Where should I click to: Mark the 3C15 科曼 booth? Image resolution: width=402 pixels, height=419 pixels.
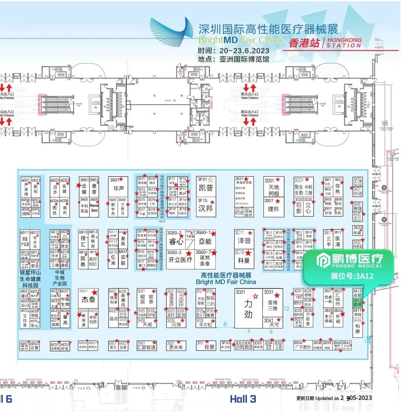pyautogui.click(x=244, y=258)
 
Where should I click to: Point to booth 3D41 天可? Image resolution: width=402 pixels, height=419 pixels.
pyautogui.click(x=273, y=323)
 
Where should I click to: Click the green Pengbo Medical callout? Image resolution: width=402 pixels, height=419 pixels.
pyautogui.click(x=349, y=266)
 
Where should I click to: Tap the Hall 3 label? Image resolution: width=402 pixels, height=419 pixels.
pyautogui.click(x=243, y=399)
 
